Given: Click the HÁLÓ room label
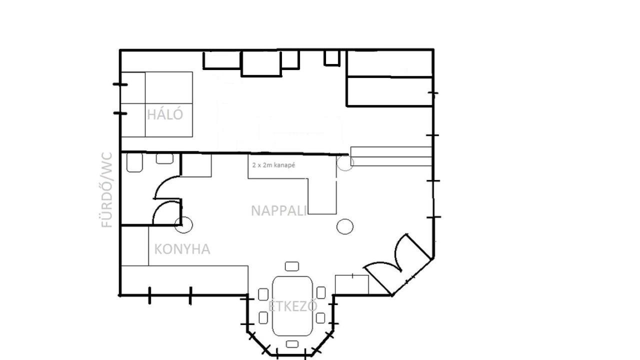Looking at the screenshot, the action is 165,114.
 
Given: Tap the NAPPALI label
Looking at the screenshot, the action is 278,211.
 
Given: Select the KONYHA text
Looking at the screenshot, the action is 182,249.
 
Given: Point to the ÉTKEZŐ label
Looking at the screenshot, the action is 292,306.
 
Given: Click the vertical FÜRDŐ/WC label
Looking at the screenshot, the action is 107,190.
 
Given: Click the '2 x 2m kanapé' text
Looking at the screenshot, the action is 273,165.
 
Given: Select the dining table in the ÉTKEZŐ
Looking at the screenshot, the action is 292,305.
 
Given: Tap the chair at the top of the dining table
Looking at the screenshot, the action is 291,266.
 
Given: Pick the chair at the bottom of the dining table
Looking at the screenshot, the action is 292,344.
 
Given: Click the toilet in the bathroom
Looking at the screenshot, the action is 134,162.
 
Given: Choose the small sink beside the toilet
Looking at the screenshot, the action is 164,158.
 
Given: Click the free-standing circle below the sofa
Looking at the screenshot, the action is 345,226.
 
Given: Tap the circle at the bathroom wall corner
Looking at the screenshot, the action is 183,225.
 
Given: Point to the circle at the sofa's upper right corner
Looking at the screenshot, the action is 345,162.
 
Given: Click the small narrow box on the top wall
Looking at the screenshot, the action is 331,58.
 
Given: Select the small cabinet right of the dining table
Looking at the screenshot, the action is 351,284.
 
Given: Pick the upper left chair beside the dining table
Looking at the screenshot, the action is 263,294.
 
